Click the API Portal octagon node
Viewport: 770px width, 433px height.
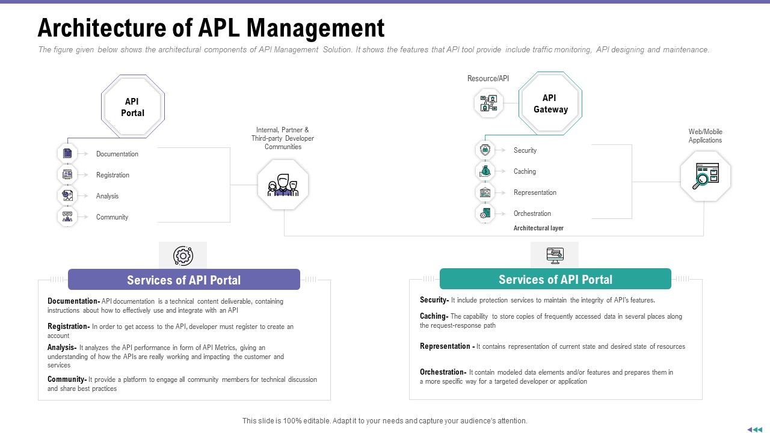(132, 107)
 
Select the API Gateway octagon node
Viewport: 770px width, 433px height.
(550, 103)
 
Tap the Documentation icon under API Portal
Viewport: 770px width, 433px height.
(67, 153)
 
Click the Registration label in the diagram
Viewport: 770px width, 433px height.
(112, 175)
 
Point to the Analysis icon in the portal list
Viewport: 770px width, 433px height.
(67, 195)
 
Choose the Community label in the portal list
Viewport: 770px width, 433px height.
(112, 217)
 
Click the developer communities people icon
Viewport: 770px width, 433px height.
(283, 185)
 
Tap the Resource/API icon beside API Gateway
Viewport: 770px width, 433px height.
(488, 103)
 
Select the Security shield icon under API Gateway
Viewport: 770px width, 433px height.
(485, 150)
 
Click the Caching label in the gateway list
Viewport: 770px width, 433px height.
(525, 171)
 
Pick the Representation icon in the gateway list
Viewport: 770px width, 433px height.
(485, 192)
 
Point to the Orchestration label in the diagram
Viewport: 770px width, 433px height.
(532, 213)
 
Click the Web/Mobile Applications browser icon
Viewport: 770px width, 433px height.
(705, 176)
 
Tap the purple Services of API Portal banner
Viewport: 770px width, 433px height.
(183, 280)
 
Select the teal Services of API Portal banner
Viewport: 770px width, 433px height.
(555, 279)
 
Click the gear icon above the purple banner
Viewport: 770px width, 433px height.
(183, 256)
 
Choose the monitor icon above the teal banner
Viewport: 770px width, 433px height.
(555, 255)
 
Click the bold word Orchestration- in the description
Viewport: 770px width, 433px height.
(443, 372)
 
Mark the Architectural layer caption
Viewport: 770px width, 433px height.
(538, 229)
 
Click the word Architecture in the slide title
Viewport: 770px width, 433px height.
(100, 28)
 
